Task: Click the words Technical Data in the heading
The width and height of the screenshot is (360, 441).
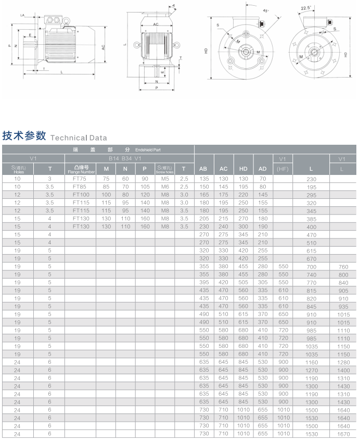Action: click(x=79, y=138)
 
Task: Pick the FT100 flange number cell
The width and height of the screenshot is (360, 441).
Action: click(x=80, y=194)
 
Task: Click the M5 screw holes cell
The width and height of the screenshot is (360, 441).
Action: click(x=165, y=178)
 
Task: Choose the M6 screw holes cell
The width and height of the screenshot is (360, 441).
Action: click(x=165, y=186)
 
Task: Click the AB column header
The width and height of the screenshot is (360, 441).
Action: click(x=203, y=169)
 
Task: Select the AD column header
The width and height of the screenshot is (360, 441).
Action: click(x=263, y=169)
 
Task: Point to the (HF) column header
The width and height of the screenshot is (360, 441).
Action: click(x=282, y=169)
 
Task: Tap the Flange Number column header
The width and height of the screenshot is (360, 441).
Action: click(x=80, y=169)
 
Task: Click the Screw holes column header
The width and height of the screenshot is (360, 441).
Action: click(x=165, y=169)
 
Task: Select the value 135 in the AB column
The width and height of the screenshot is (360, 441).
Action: click(x=203, y=178)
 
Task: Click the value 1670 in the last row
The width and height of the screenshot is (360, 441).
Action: click(x=342, y=434)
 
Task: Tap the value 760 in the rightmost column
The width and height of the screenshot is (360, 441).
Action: click(x=342, y=266)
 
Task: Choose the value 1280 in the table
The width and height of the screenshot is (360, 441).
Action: click(x=342, y=361)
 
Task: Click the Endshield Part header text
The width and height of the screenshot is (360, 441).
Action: click(x=148, y=149)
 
